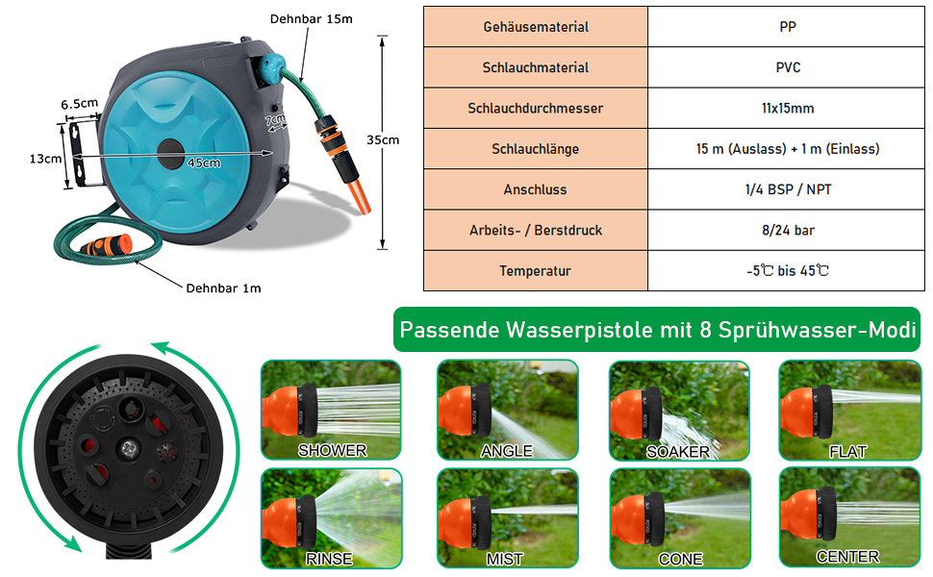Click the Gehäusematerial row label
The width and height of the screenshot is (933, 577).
[536, 28]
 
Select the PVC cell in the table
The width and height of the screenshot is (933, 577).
[789, 68]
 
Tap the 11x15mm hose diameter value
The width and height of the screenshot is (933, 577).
[789, 109]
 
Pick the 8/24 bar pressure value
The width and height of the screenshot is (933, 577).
[789, 231]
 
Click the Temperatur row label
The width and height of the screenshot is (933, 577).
[536, 271]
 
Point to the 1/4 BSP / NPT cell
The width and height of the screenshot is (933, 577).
[789, 189]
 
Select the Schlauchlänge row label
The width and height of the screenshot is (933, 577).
[536, 149]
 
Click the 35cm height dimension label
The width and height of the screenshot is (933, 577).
[383, 139]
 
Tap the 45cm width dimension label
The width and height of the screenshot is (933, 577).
[204, 163]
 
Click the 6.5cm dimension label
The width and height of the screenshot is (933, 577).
[80, 103]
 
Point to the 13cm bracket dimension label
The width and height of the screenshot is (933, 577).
[45, 158]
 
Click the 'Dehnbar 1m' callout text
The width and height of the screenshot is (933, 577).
[223, 288]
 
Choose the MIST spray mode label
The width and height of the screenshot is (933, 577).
[505, 559]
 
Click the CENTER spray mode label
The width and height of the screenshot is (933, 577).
[847, 557]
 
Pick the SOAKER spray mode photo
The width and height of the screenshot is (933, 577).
[679, 409]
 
